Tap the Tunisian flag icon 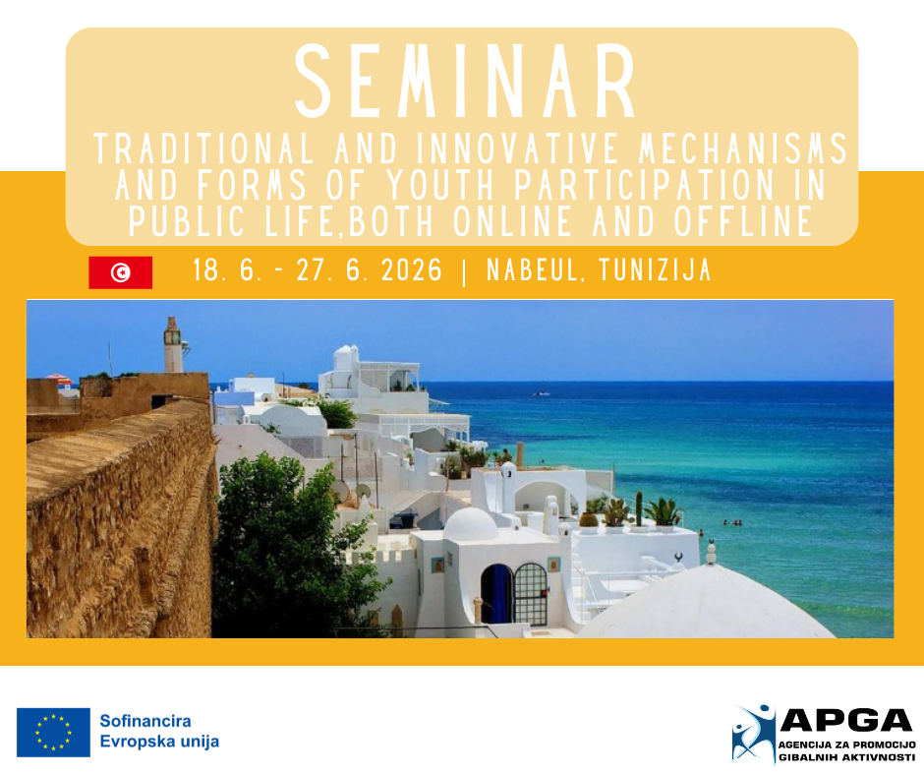click(x=121, y=272)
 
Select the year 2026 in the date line click(x=411, y=270)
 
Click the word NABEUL click(x=532, y=270)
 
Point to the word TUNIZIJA click(x=655, y=270)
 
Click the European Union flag click(x=54, y=733)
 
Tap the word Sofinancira click(x=144, y=721)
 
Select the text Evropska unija click(x=159, y=742)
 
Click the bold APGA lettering click(x=846, y=720)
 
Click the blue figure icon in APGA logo click(x=754, y=733)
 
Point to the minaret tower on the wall click(x=173, y=345)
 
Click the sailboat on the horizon click(x=542, y=391)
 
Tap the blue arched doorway click(x=496, y=594)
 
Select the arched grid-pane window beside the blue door click(x=531, y=594)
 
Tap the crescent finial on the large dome click(x=677, y=557)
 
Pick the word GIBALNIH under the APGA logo click(x=806, y=757)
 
